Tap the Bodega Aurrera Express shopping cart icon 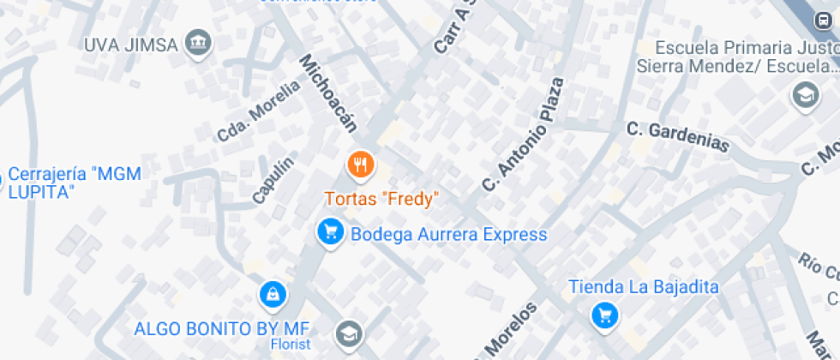(330, 231)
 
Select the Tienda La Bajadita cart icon (605, 315)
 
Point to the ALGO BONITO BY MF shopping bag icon (272, 295)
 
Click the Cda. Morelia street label (259, 111)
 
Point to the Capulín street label (273, 180)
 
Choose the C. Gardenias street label (677, 137)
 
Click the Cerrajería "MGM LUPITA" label (74, 183)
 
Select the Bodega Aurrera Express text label (448, 235)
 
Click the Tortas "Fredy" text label (381, 199)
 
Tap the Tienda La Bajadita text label (644, 287)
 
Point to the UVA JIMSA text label (130, 45)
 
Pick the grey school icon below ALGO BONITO (349, 333)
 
